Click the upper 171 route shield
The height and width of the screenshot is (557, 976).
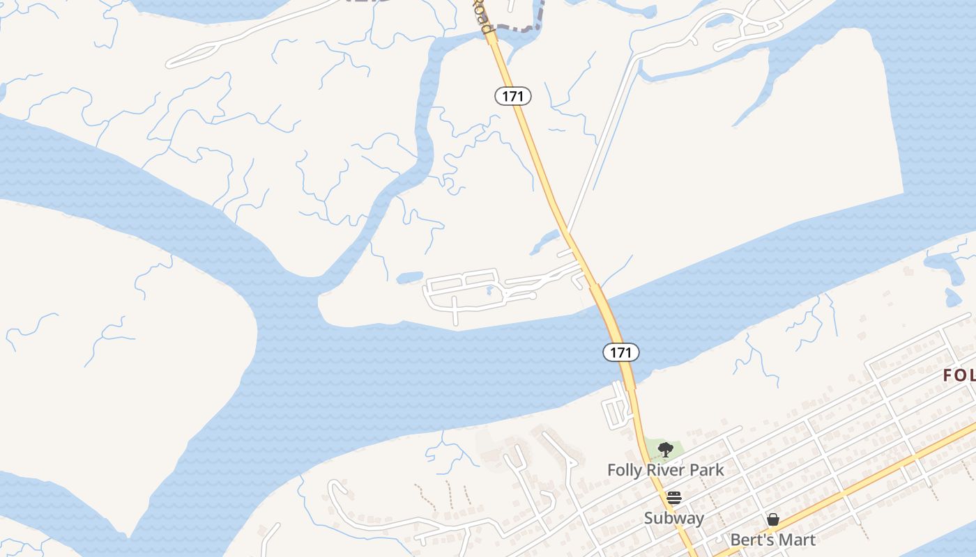tap(513, 96)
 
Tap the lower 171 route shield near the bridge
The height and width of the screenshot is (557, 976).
tap(620, 352)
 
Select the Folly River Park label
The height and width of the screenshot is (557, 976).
tap(665, 470)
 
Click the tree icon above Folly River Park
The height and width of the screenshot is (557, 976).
tap(665, 449)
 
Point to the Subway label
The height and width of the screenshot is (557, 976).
tap(673, 518)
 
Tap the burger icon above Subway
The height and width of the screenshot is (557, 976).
tap(673, 498)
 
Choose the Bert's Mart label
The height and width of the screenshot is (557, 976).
tap(772, 540)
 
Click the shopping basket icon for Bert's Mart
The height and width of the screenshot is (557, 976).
tap(772, 519)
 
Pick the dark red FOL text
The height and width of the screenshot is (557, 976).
tap(959, 375)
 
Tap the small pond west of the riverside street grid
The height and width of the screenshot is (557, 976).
tap(410, 277)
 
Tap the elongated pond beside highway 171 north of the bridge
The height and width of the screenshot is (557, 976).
tap(544, 244)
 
